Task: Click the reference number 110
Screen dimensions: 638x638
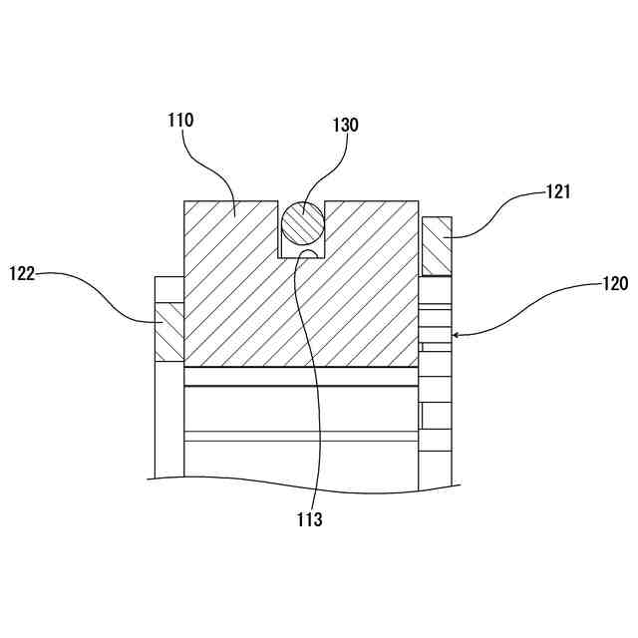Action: point(180,121)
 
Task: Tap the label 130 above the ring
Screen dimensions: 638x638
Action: point(345,126)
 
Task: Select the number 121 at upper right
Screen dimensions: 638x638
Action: point(557,192)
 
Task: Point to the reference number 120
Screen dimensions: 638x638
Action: point(614,283)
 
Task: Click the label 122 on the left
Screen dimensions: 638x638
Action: point(22,273)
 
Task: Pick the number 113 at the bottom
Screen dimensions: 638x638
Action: point(309,519)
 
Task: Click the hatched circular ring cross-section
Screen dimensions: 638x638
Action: point(302,222)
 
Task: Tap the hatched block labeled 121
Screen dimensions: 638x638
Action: point(437,246)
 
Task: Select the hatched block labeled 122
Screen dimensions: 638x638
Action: point(169,332)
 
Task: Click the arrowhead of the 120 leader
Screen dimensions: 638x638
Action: point(456,335)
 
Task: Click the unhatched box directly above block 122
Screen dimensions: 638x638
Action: point(169,290)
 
